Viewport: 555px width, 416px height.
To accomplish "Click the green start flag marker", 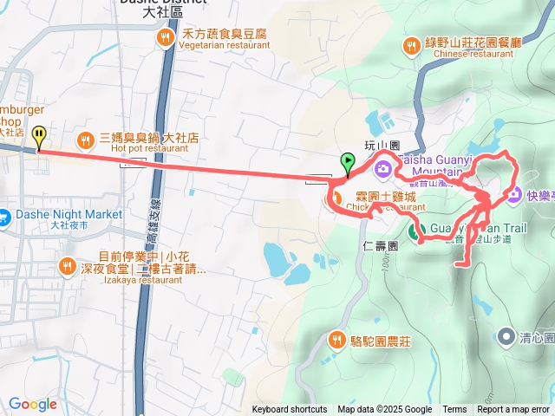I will (x=347, y=161).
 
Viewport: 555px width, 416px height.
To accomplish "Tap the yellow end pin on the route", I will (x=38, y=136).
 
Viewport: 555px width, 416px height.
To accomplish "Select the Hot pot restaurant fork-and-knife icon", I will (x=85, y=139).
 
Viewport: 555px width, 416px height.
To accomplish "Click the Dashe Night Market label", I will (x=68, y=214).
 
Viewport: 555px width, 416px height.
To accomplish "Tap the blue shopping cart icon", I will (x=3, y=214).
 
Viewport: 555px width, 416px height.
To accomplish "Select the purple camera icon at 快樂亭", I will (x=515, y=195).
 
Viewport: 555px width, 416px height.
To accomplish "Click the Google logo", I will (x=32, y=404).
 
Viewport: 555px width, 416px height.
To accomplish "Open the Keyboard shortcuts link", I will (x=290, y=410).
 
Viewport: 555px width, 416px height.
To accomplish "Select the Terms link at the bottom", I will (x=454, y=410).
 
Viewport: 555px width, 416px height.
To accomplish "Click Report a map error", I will (x=513, y=410).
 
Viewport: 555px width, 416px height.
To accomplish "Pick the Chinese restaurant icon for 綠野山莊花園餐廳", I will (x=412, y=46).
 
